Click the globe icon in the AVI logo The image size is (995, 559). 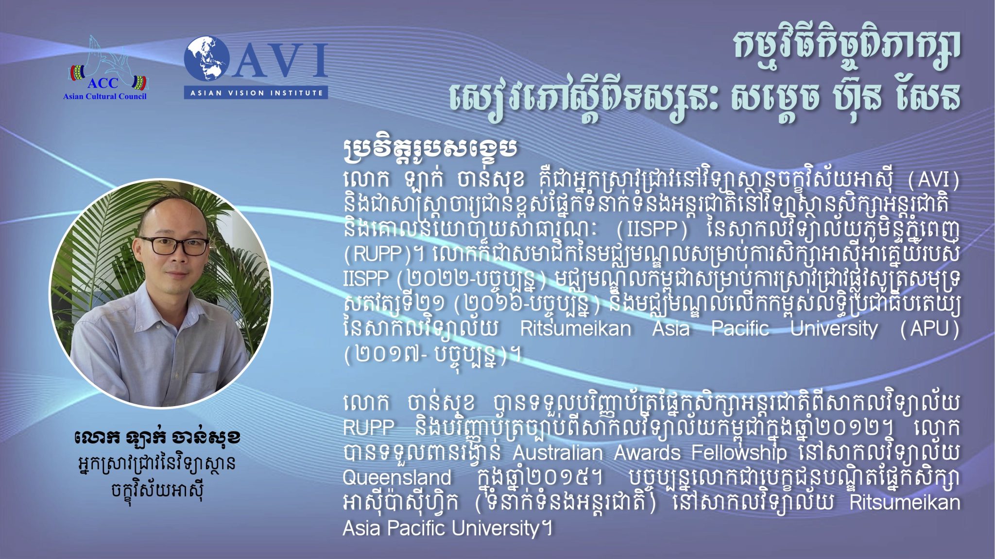pos(206,59)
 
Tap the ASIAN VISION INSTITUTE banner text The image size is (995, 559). pos(256,93)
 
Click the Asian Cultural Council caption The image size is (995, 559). pos(104,96)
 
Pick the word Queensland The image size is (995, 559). pos(397,477)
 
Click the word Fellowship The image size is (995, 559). pos(739,453)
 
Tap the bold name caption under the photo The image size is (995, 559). pos(158,438)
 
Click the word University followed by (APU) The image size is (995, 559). pos(834,329)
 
